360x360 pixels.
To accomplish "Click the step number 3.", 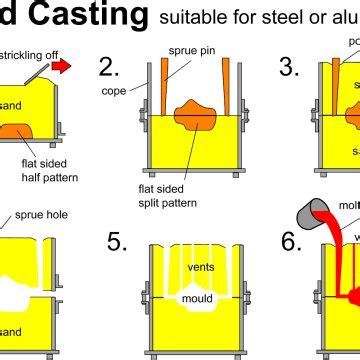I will click(290, 67).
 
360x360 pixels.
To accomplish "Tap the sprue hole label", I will click(40, 215).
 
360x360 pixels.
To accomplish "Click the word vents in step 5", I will click(201, 267).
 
